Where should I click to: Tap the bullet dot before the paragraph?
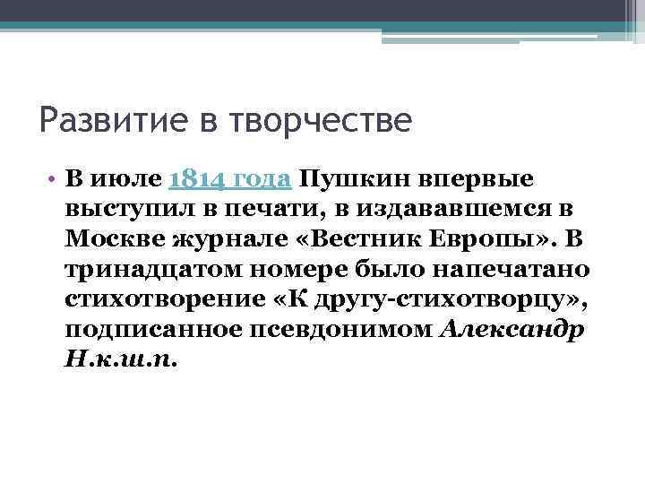point(54,178)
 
